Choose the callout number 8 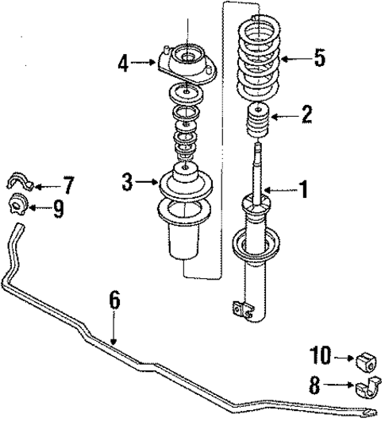tap(314, 387)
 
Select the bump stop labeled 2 tap(258, 121)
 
